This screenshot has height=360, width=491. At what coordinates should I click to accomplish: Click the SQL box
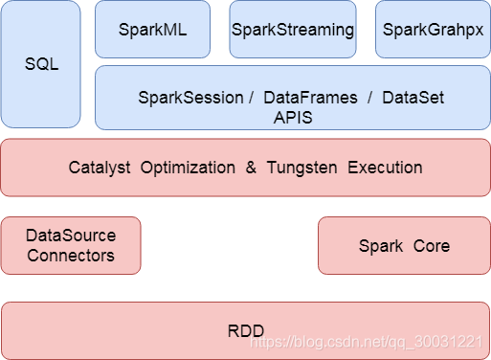(40, 64)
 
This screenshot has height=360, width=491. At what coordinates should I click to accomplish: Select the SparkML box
(153, 30)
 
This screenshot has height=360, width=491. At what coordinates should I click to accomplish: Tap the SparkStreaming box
(293, 30)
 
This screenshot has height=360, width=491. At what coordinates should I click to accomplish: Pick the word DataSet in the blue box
(413, 98)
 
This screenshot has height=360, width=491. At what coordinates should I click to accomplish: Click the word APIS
(293, 117)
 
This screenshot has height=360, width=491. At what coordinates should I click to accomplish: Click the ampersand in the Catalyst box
(251, 168)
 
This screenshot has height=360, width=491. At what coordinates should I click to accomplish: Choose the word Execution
(385, 168)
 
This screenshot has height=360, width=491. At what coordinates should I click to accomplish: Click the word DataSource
(71, 236)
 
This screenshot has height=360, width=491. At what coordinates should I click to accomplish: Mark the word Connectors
(71, 255)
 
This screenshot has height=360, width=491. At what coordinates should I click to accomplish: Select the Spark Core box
(404, 246)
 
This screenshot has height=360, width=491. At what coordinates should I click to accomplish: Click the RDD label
(245, 331)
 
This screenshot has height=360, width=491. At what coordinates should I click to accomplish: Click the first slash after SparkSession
(250, 98)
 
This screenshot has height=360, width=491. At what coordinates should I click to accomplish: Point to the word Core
(432, 246)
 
